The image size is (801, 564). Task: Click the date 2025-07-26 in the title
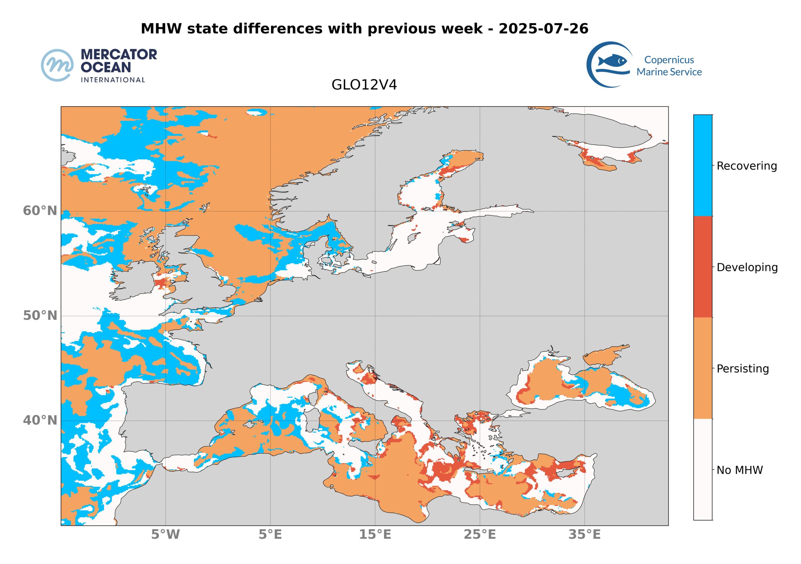pos(543,28)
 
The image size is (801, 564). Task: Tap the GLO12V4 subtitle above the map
pos(364,85)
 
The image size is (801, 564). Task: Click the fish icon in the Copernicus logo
pos(612,61)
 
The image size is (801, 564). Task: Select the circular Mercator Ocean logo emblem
pos(57,65)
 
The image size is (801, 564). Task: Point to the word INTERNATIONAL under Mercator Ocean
pos(113,80)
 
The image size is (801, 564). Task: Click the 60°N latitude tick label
pos(40,211)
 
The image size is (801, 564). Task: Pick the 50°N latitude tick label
pos(40,315)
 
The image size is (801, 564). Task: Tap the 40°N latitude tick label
pos(40,420)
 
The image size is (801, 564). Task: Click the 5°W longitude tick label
pos(166,534)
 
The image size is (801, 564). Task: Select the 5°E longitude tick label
pos(270,534)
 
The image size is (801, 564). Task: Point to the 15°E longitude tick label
pos(375,534)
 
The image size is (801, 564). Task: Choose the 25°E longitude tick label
pos(480,534)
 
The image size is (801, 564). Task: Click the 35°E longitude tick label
pos(584,534)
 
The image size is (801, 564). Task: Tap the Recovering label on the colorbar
pos(747,166)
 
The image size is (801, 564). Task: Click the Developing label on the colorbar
pos(747,267)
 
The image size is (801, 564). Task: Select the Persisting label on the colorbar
pos(743,369)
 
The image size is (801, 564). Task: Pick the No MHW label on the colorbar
pos(740,470)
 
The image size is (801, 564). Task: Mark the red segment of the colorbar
pos(703,267)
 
